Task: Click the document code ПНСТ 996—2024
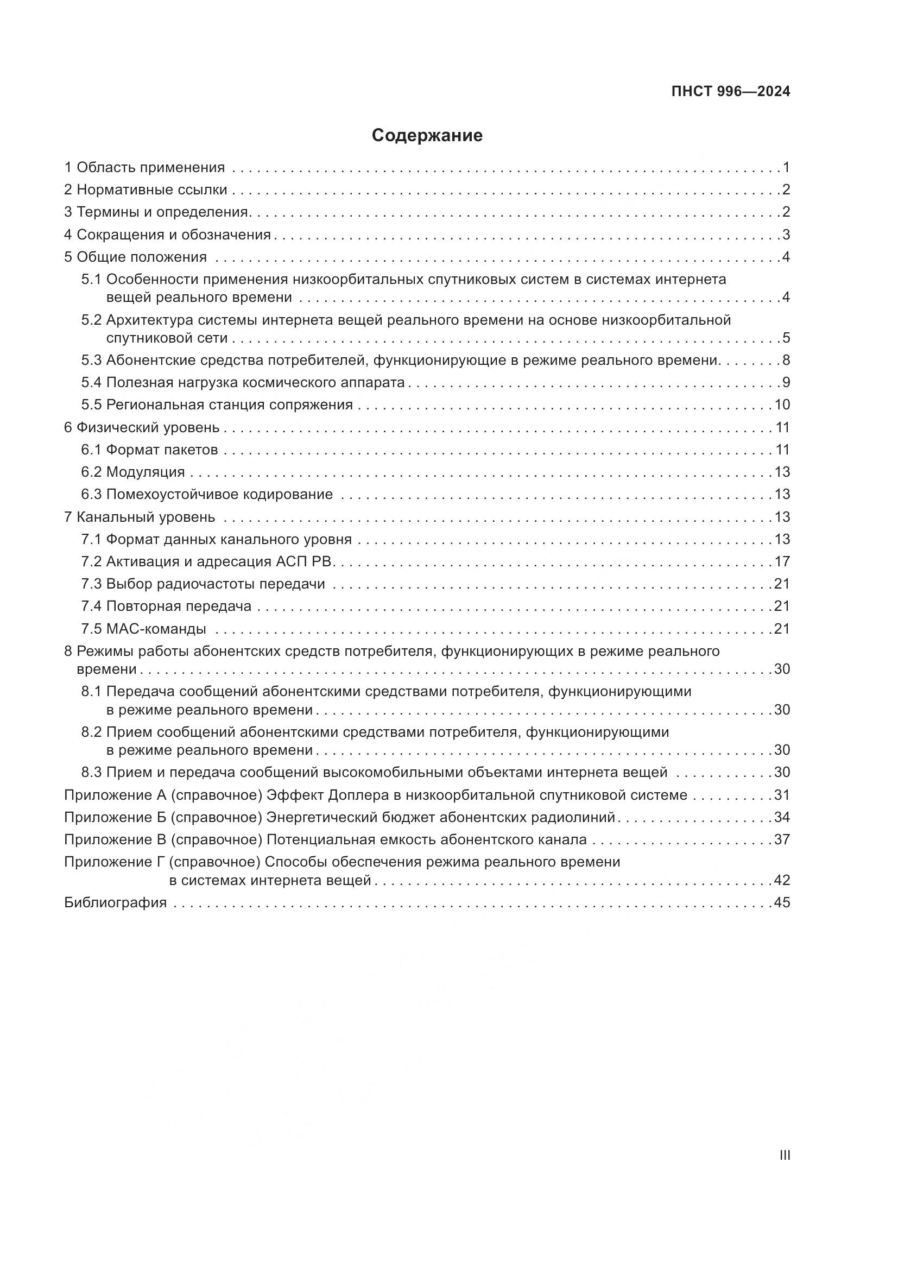click(730, 92)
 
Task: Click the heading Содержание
click(427, 136)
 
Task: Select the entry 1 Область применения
click(144, 168)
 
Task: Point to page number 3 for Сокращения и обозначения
click(786, 235)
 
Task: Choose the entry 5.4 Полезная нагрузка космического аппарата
click(243, 382)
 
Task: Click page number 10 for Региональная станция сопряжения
click(782, 405)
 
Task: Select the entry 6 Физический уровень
click(142, 427)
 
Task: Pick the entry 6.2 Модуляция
click(132, 472)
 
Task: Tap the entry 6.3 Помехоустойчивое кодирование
click(207, 494)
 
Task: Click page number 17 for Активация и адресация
click(782, 561)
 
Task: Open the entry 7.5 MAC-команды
click(144, 629)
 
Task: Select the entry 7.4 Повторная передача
click(166, 606)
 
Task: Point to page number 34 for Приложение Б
click(782, 818)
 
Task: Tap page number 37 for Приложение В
click(782, 839)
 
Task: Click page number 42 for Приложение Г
click(782, 880)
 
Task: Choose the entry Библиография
click(115, 903)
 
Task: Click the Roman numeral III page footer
click(784, 1155)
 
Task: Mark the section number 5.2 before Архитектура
click(92, 320)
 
